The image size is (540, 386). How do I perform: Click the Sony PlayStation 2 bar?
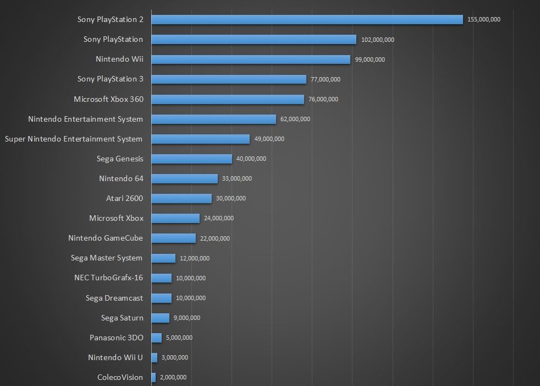click(x=307, y=19)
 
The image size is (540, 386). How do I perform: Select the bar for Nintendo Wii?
click(x=251, y=59)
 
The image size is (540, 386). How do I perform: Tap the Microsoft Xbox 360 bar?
click(x=228, y=99)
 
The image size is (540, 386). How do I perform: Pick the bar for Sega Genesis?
click(x=191, y=159)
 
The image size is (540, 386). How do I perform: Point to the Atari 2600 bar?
click(x=181, y=198)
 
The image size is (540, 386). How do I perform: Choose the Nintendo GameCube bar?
click(x=173, y=238)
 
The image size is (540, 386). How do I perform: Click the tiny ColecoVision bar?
click(x=153, y=377)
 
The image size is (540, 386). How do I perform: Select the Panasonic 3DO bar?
click(x=156, y=338)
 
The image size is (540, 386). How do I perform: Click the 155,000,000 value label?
click(x=483, y=20)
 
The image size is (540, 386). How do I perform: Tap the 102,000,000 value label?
click(x=377, y=40)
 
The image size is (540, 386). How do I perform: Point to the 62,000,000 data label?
click(x=295, y=119)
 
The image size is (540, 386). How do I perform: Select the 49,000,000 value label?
click(x=269, y=139)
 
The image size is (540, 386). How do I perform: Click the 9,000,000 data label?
click(x=187, y=318)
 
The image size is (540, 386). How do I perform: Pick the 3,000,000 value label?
click(x=175, y=357)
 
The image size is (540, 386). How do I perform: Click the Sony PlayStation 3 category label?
click(x=110, y=79)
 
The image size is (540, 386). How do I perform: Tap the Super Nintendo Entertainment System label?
click(x=74, y=139)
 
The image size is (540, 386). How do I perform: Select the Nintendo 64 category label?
click(x=121, y=178)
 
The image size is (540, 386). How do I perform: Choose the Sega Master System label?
click(x=107, y=258)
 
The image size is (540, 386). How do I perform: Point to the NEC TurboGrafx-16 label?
click(x=108, y=278)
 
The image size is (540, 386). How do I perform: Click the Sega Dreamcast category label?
click(x=114, y=298)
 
